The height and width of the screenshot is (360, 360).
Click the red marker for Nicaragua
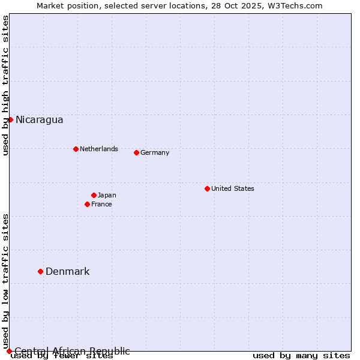pos(10,119)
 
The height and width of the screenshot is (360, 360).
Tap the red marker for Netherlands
pos(76,149)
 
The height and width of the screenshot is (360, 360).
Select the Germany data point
pos(136,152)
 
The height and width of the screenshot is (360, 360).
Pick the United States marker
pos(207,188)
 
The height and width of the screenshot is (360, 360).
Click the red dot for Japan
pos(94,195)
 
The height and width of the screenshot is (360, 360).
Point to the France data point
pos(87,204)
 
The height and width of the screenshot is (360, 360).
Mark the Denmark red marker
pos(40,271)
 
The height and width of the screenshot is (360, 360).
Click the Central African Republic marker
pos(9,351)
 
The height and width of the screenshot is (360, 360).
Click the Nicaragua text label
pos(39,120)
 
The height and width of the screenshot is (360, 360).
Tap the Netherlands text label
pos(99,149)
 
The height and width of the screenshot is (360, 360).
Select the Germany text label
pos(155,152)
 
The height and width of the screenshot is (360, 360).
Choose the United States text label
pos(233,188)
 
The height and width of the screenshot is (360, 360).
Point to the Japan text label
pos(107,195)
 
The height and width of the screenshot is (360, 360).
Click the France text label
pos(101,204)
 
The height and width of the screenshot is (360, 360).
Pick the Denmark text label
pos(68,272)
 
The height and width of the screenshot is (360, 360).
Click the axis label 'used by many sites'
pos(301,356)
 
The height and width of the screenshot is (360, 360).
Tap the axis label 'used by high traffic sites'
pos(5,85)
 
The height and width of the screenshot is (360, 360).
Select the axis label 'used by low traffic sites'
pos(5,281)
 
